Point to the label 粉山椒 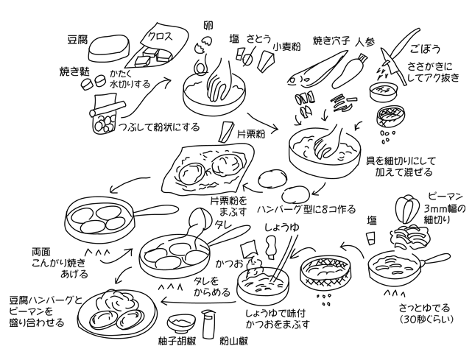[233, 342]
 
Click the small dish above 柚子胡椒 [180, 322]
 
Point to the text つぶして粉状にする [159, 126]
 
